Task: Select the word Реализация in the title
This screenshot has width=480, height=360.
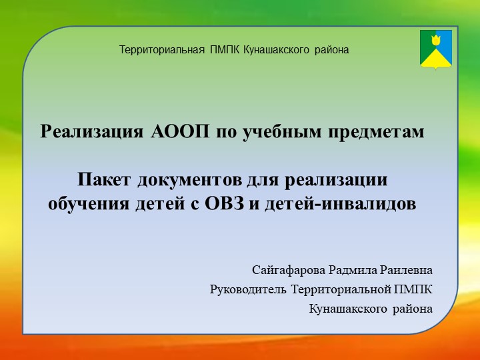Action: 90,131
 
